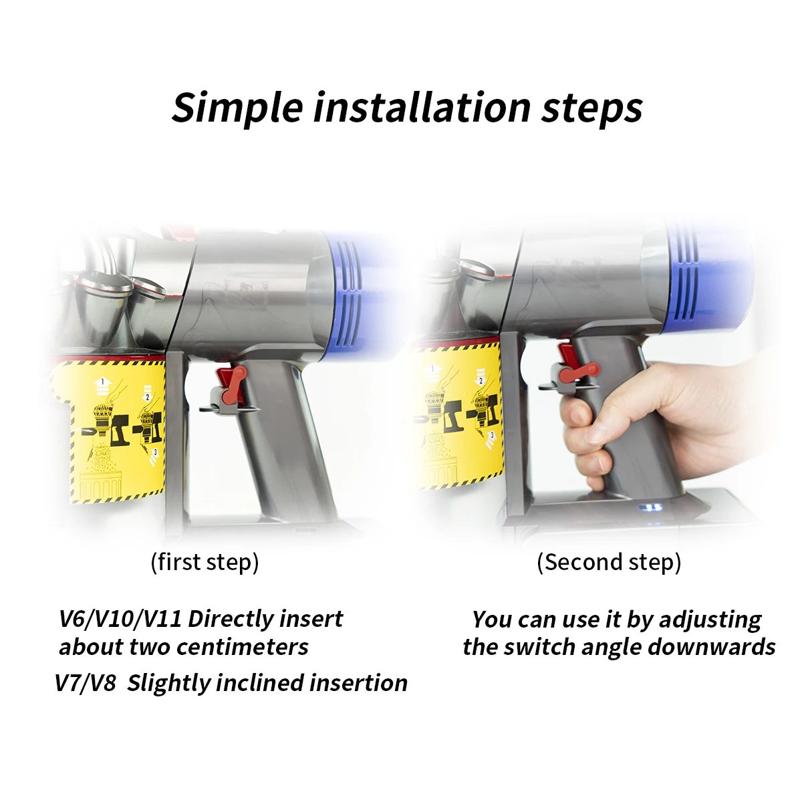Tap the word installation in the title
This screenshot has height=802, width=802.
pos(422,107)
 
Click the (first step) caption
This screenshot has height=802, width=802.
pos(205,562)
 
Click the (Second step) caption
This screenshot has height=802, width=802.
pos(609,562)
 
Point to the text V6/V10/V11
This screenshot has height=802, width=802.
pos(120,619)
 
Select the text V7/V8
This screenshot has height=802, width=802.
pos(85,683)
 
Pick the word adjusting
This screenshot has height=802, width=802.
pos(710,620)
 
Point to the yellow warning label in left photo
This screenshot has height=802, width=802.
pos(117,428)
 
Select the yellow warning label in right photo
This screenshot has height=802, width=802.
pos(458,414)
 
